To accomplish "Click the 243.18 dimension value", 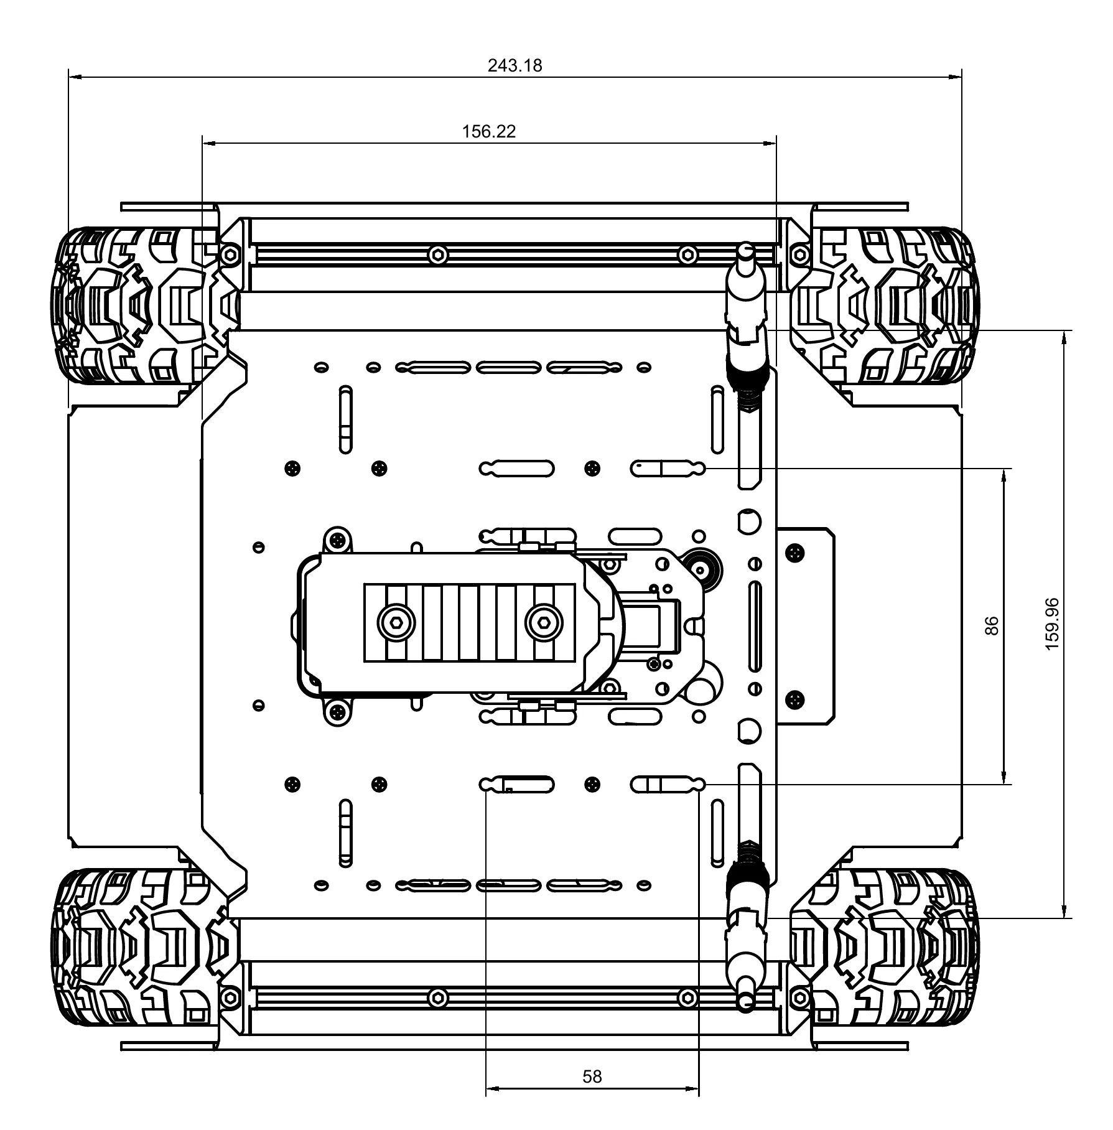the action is point(515,65).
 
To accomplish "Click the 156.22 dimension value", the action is point(489,132).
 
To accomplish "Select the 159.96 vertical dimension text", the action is point(1052,624).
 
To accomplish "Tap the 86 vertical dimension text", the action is point(992,625).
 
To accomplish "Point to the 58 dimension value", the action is point(592,1076).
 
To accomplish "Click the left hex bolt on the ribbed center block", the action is point(396,622).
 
